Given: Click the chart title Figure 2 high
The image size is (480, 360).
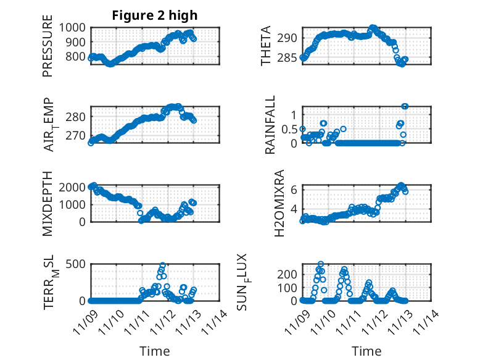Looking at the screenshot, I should pyautogui.click(x=155, y=15).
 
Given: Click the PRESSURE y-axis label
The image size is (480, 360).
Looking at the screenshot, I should pyautogui.click(x=48, y=51).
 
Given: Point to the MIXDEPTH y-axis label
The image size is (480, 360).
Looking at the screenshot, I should pyautogui.click(x=48, y=203).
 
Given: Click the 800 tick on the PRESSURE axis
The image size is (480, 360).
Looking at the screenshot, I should pyautogui.click(x=77, y=57).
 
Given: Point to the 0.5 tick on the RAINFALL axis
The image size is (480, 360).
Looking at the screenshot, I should pyautogui.click(x=289, y=129).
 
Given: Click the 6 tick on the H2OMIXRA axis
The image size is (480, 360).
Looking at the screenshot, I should pyautogui.click(x=295, y=189).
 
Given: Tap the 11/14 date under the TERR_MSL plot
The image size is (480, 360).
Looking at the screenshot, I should pyautogui.click(x=209, y=322).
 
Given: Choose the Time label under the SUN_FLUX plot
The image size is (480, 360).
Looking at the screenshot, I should pyautogui.click(x=366, y=351).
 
